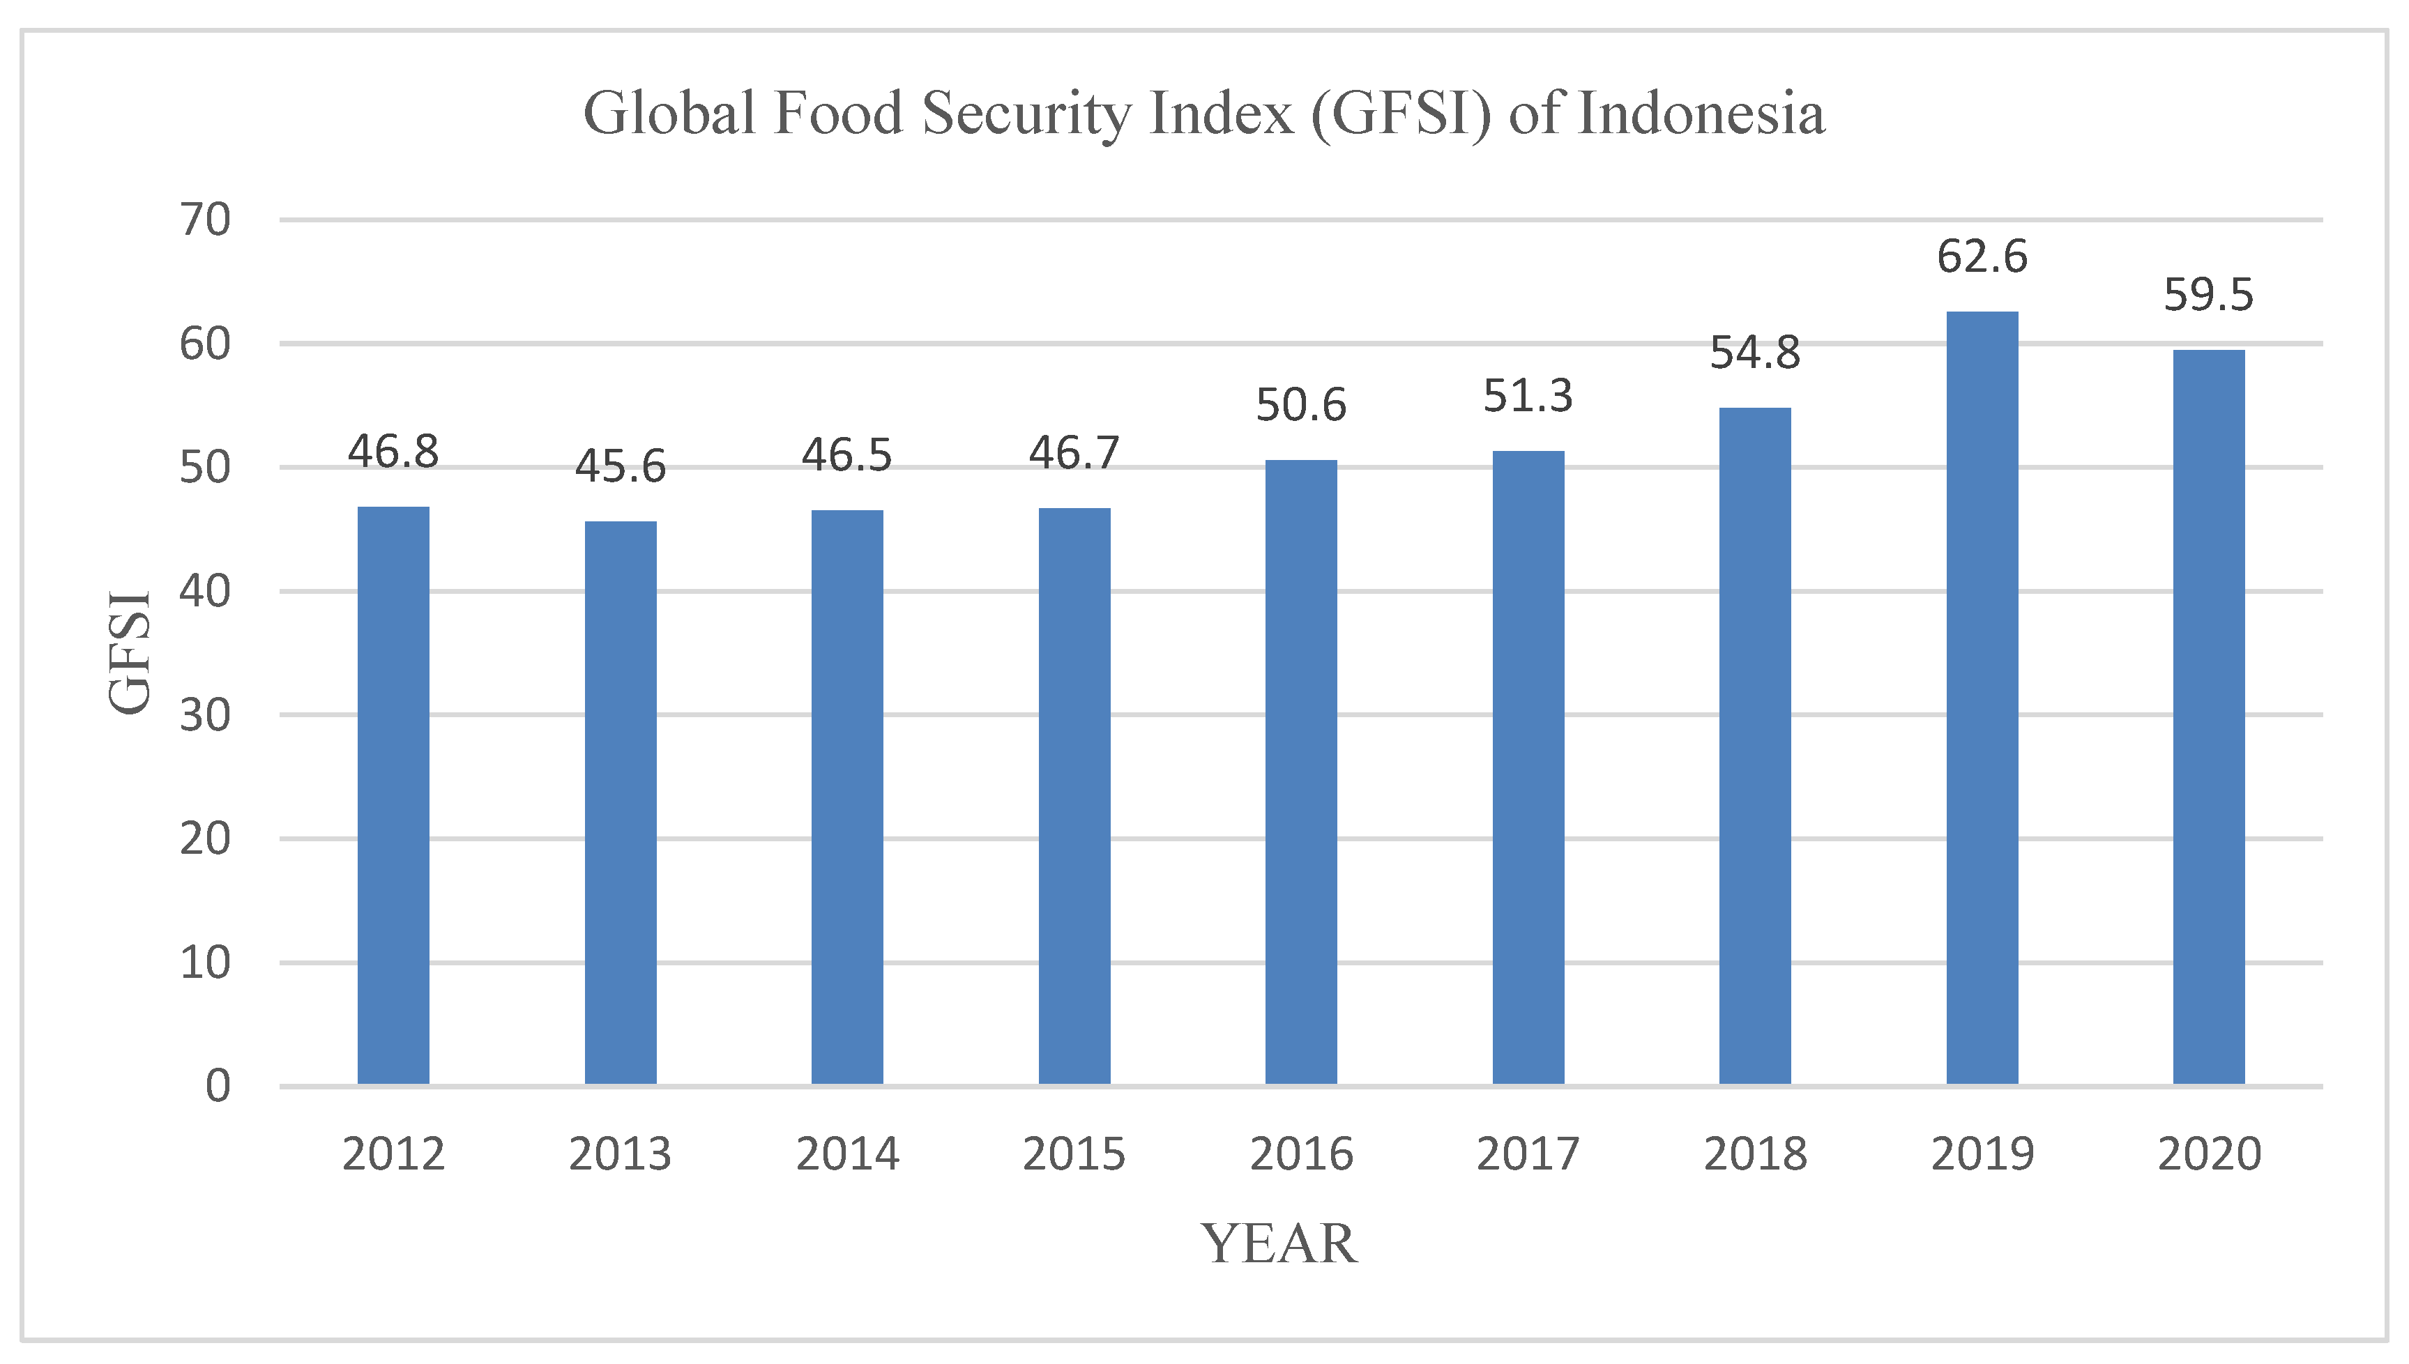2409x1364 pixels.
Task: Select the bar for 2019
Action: tap(1982, 698)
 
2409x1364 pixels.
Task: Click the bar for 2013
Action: tap(621, 803)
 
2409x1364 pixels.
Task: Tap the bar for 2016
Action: tap(1300, 772)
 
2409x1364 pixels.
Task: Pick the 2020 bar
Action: tap(2208, 717)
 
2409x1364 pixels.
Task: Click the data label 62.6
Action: tap(1982, 256)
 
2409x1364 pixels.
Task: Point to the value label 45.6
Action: tap(621, 466)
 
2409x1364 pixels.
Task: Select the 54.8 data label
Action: tap(1755, 353)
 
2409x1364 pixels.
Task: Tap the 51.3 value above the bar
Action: tap(1527, 397)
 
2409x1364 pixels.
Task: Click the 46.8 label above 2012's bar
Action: tap(393, 452)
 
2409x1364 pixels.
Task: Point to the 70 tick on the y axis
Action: tap(205, 220)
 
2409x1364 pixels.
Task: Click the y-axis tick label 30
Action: tap(205, 716)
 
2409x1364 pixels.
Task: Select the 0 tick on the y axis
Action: tap(218, 1087)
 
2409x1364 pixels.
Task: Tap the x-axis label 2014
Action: tap(847, 1154)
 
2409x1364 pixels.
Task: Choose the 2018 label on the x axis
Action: tap(1755, 1154)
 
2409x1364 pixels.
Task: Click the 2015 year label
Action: tap(1074, 1154)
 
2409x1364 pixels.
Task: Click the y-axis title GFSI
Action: tap(129, 653)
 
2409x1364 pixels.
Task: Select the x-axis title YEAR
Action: tap(1279, 1244)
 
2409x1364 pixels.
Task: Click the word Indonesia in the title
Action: tap(1701, 114)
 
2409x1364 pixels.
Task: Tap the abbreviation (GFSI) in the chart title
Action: tap(1400, 114)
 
